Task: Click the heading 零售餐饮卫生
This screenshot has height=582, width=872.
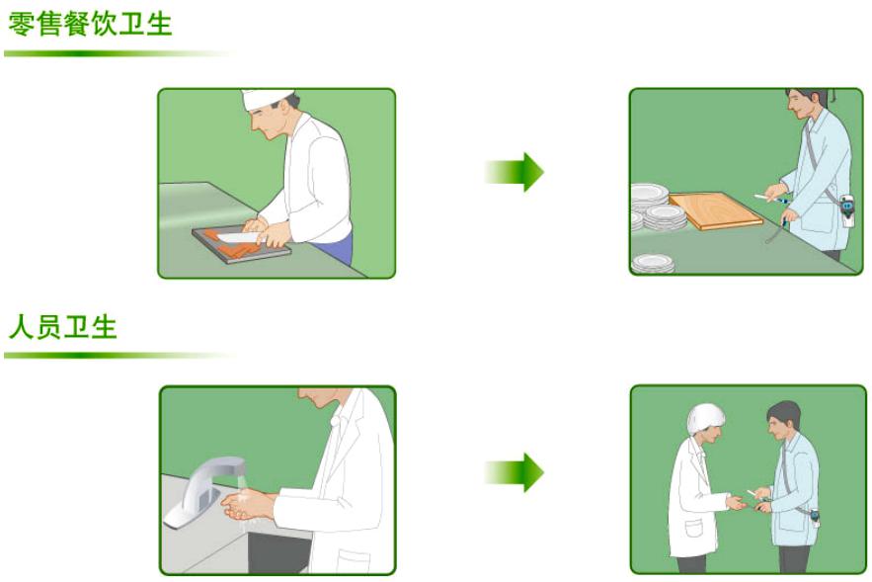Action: [x=90, y=22]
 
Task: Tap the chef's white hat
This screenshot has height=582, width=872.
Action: [x=268, y=98]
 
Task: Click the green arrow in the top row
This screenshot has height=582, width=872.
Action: [x=515, y=172]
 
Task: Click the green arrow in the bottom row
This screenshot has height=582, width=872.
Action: [x=515, y=472]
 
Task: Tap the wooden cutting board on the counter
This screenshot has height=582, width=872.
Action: [x=715, y=210]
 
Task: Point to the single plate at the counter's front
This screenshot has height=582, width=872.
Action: [x=653, y=263]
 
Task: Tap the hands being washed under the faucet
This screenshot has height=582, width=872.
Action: [x=246, y=504]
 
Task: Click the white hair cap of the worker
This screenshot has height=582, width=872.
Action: [x=705, y=415]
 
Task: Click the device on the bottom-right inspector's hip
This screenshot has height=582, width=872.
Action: [x=812, y=518]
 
